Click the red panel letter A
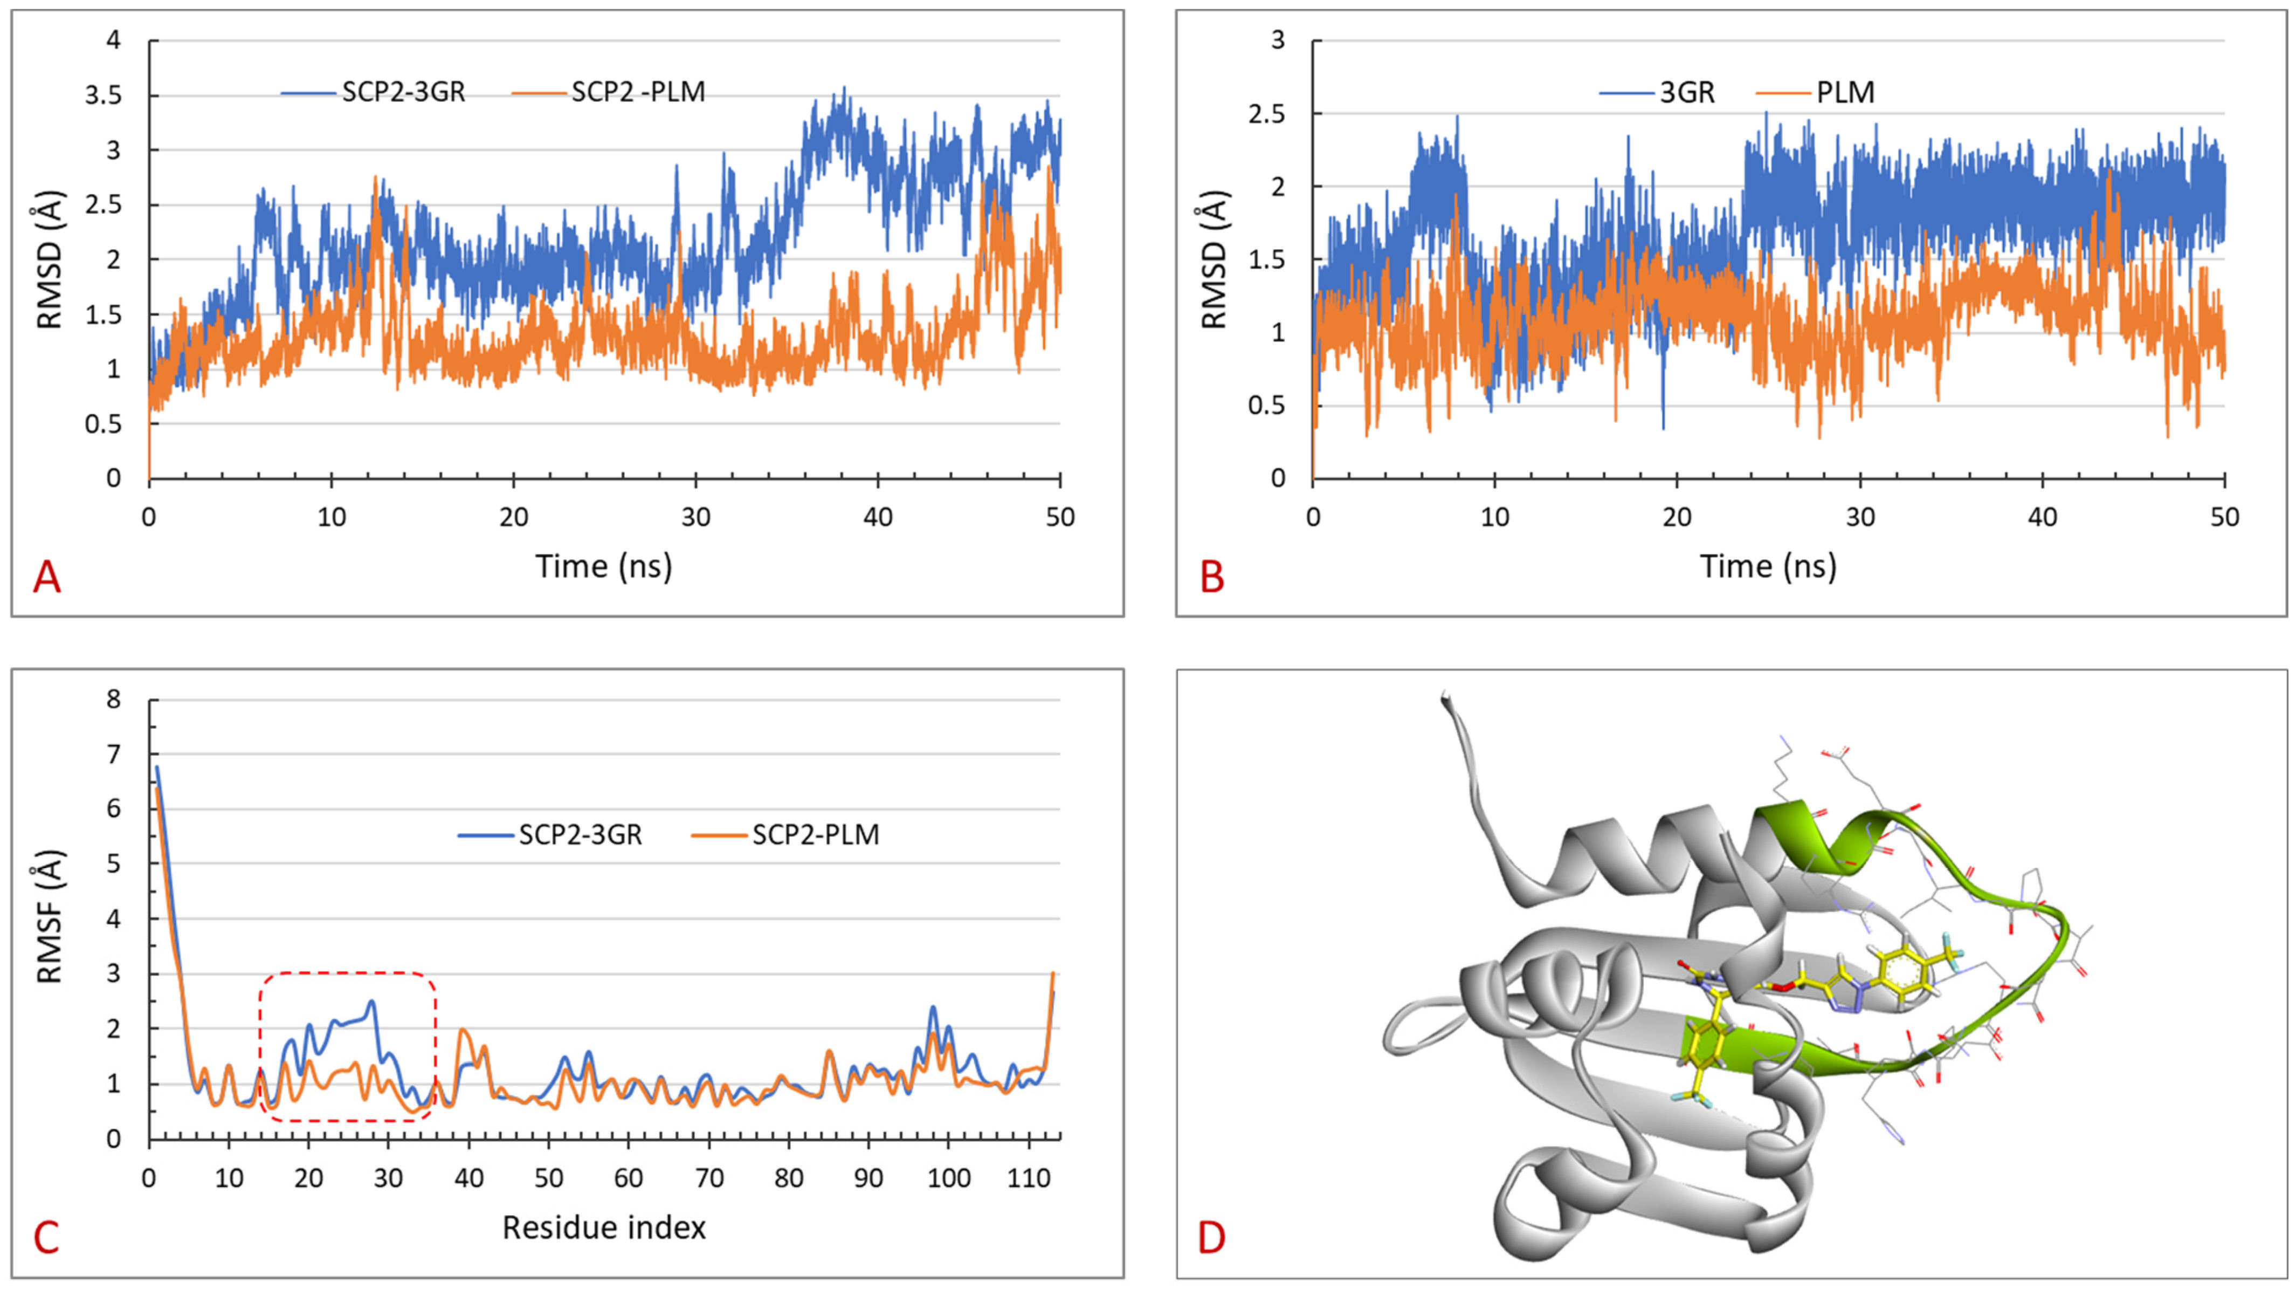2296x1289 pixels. (46, 578)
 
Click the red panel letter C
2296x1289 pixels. (46, 1237)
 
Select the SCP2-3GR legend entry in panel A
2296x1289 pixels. (374, 92)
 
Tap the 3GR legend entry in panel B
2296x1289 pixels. (1658, 92)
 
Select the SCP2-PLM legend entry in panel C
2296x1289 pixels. (786, 834)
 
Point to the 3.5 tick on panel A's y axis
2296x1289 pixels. (102, 95)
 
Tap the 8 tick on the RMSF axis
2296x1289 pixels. (113, 700)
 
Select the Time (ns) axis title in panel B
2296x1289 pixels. (1768, 566)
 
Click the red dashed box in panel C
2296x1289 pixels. (348, 973)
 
